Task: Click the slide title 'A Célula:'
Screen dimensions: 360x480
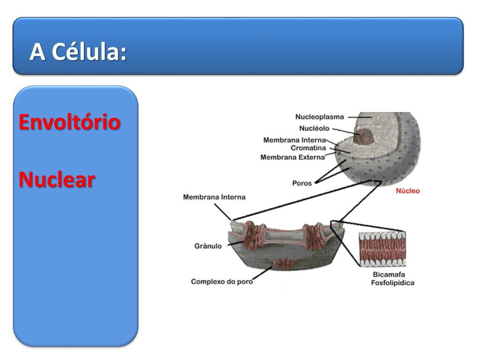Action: pyautogui.click(x=78, y=52)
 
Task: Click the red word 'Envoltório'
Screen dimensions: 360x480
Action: pyautogui.click(x=69, y=123)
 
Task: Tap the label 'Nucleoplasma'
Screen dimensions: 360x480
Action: pyautogui.click(x=320, y=117)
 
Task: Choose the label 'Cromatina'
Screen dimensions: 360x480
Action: pyautogui.click(x=308, y=148)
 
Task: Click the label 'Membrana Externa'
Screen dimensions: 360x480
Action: pyautogui.click(x=292, y=157)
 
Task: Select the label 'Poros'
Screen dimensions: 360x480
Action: pyautogui.click(x=302, y=183)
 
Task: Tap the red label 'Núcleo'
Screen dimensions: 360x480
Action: pyautogui.click(x=408, y=191)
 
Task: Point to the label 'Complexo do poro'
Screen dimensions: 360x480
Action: pyautogui.click(x=218, y=282)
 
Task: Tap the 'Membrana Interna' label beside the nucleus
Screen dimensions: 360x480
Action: pyautogui.click(x=294, y=140)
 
